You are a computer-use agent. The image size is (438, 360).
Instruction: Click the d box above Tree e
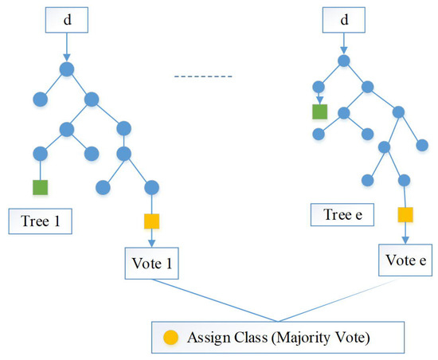pyautogui.click(x=342, y=18)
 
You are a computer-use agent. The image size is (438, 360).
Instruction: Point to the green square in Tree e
pyautogui.click(x=320, y=112)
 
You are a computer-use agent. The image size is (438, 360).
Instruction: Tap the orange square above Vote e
pyautogui.click(x=405, y=213)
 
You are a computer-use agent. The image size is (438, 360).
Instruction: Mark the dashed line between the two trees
pyautogui.click(x=203, y=77)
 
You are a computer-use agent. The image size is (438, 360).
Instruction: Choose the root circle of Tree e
pyautogui.click(x=342, y=60)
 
